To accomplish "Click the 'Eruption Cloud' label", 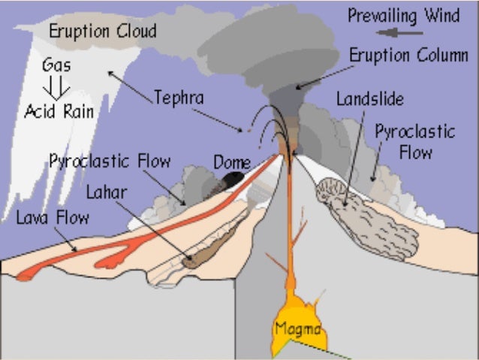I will pos(103,31).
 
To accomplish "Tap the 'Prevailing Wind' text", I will pos(403,15).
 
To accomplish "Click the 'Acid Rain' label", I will pos(59,111).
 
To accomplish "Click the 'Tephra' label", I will pos(179,97).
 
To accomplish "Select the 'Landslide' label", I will pos(370,98).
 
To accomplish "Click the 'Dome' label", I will pos(231,162).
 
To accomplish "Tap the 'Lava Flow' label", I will pos(53,218).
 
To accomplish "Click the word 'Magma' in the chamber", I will pos(297,329).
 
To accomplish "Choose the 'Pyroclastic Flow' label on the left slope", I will pos(110,161).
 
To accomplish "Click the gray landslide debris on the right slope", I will pos(368,222).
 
